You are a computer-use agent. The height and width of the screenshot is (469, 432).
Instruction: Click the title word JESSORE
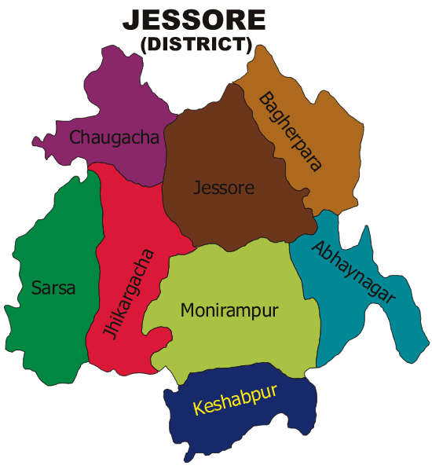tap(194, 20)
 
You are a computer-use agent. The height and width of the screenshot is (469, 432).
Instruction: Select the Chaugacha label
tap(115, 137)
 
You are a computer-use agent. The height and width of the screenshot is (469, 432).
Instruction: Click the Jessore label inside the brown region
tap(224, 189)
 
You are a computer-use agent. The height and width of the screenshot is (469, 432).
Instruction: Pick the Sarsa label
tap(53, 288)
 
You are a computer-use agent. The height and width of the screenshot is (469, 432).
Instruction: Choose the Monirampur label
tap(229, 310)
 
